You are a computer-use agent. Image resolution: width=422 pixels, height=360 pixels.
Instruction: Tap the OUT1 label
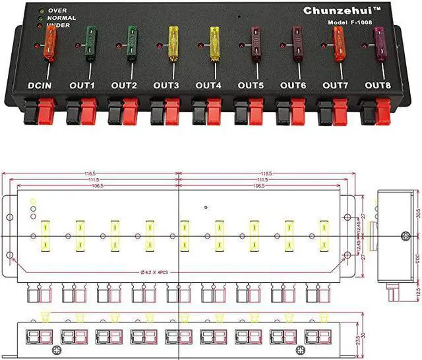82,85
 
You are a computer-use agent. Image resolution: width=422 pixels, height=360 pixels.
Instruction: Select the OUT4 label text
208,85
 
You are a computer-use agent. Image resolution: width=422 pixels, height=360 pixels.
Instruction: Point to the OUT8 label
378,85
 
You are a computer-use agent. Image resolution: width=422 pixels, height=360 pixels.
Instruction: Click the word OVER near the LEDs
58,11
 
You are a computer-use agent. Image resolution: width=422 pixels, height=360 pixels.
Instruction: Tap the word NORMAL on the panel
63,18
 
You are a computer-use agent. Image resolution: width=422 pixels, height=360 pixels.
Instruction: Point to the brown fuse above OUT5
256,43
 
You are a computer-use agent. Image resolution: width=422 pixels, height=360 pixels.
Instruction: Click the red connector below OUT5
258,111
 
